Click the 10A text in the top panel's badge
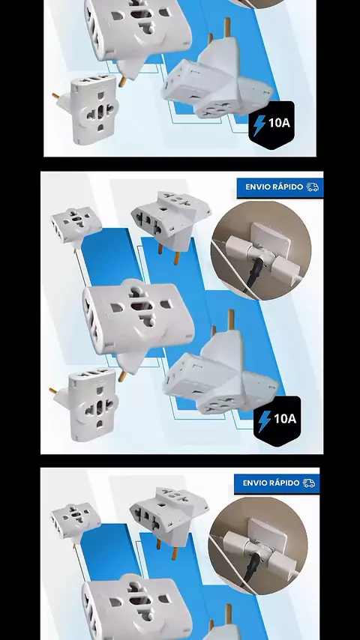pos(279,122)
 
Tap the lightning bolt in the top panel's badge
pos(259,125)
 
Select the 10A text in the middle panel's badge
pos(285,418)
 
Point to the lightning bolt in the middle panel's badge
pos(265,421)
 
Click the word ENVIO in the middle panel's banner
pos(258,187)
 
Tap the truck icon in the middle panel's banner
pos(313,187)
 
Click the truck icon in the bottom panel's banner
pos(309,483)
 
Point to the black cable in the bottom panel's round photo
pos(249,571)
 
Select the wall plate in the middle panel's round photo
pos(270,240)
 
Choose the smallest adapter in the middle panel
pos(76,226)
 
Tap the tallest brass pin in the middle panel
pos(231,321)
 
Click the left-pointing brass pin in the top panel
pos(56,97)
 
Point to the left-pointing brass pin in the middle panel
pos(53,391)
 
